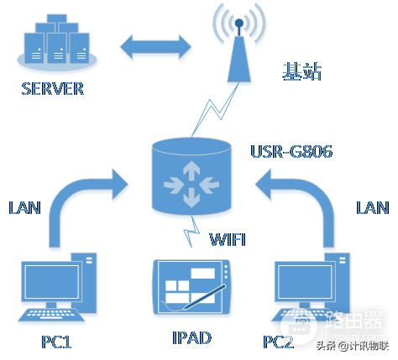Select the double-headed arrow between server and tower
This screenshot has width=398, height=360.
tap(154, 45)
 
